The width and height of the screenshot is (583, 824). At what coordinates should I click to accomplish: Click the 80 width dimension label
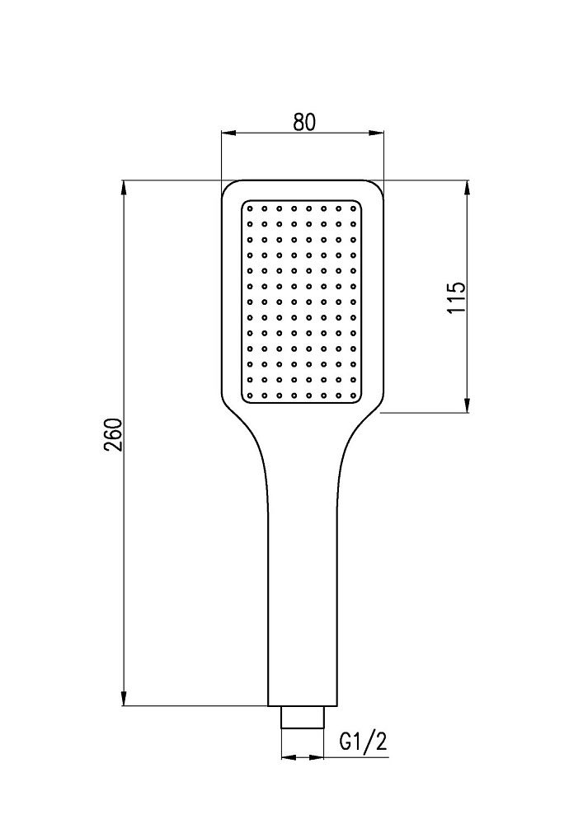point(304,122)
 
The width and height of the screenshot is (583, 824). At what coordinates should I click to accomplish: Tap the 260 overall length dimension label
point(114,434)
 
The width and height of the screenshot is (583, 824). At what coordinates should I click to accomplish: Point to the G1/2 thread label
point(364,742)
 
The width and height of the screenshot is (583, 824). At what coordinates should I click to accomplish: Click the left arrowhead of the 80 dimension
point(228,133)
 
